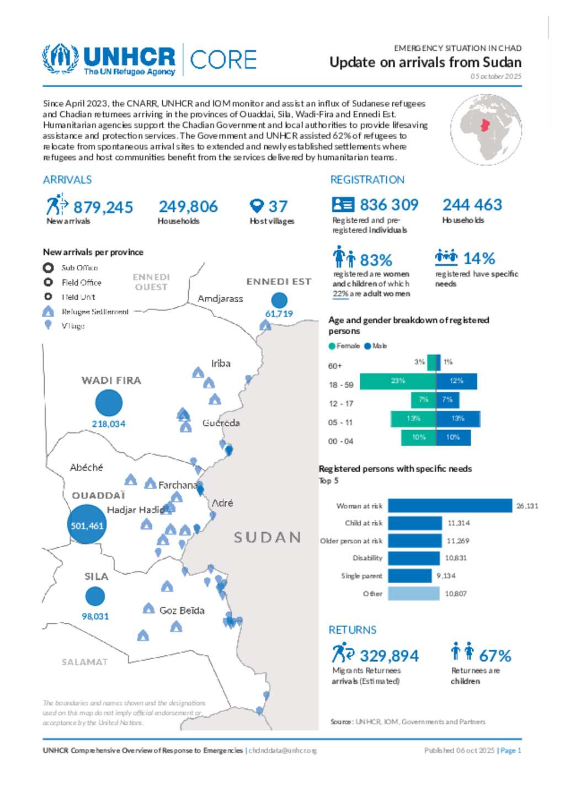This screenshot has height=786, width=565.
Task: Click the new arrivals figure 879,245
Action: pyautogui.click(x=103, y=207)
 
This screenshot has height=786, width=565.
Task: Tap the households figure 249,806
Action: pyautogui.click(x=188, y=206)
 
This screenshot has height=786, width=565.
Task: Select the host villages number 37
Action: pyautogui.click(x=278, y=206)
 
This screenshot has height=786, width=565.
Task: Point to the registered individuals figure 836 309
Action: pyautogui.click(x=389, y=205)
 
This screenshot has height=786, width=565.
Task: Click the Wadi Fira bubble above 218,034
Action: pyautogui.click(x=109, y=403)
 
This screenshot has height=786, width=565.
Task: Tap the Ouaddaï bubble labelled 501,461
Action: pyautogui.click(x=87, y=525)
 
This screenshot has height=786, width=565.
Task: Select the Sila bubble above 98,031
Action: pyautogui.click(x=95, y=596)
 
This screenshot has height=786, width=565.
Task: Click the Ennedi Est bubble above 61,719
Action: pyautogui.click(x=280, y=300)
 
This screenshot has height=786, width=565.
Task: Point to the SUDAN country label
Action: pyautogui.click(x=268, y=537)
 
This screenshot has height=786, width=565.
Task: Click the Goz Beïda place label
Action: pyautogui.click(x=182, y=611)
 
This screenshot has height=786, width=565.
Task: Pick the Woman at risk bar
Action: pyautogui.click(x=450, y=505)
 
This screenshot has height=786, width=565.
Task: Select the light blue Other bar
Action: pyautogui.click(x=414, y=593)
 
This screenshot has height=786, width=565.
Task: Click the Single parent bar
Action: pyautogui.click(x=409, y=576)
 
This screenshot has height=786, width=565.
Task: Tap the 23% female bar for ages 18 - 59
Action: pyautogui.click(x=397, y=381)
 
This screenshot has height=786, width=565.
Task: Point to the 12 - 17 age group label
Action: pyautogui.click(x=341, y=404)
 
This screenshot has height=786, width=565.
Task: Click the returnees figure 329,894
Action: pyautogui.click(x=389, y=656)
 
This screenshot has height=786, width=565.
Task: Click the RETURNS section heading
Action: pyautogui.click(x=353, y=630)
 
